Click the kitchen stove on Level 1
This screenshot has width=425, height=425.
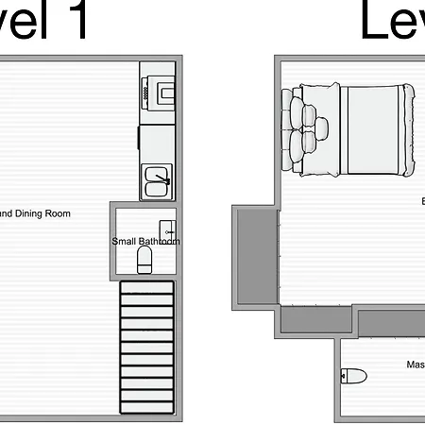coord(157,90)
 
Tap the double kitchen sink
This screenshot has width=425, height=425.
coord(157,179)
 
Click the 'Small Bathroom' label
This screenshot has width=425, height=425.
coord(145,242)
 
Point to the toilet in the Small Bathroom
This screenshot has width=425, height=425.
coord(144,260)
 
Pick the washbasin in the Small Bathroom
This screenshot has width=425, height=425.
coord(167,229)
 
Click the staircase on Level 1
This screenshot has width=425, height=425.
coord(147,349)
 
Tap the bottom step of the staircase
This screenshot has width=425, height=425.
coord(147,409)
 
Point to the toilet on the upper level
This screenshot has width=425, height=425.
coord(352,375)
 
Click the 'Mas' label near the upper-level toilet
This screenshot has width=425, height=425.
coord(415,365)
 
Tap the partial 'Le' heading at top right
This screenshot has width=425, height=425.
coord(391,21)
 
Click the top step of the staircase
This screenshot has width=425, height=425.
coord(147,290)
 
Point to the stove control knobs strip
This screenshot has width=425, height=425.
coord(146,92)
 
